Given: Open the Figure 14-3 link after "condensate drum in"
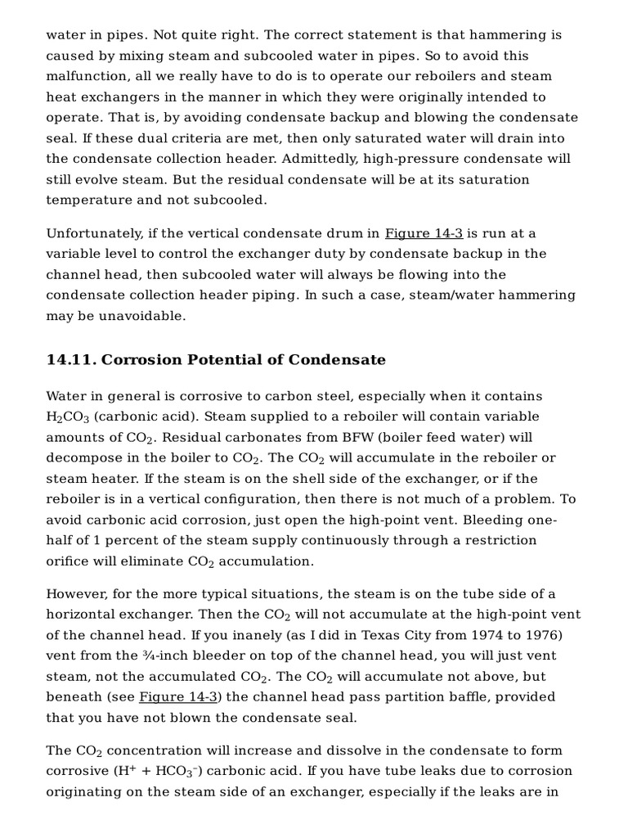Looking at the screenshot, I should [x=424, y=233].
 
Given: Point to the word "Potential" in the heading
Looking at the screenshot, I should [x=244, y=360].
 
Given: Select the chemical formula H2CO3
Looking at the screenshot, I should [x=67, y=417].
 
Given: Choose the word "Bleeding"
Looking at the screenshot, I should [x=500, y=520].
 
